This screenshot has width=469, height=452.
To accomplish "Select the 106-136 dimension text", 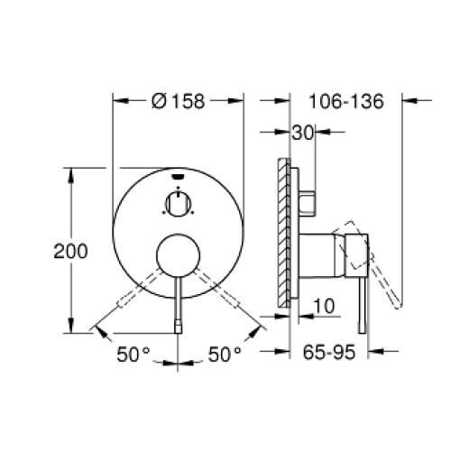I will coord(345,102).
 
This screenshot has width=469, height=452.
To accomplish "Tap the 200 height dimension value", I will coord(70,252).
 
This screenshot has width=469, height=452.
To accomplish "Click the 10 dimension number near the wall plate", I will coord(326,308).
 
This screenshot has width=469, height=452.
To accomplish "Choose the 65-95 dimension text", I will coord(327,355).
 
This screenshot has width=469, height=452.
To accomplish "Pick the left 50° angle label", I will coord(133,355).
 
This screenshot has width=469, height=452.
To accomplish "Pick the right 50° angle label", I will coord(225,355).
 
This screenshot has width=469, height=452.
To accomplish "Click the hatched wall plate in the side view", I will coord(286,235).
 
